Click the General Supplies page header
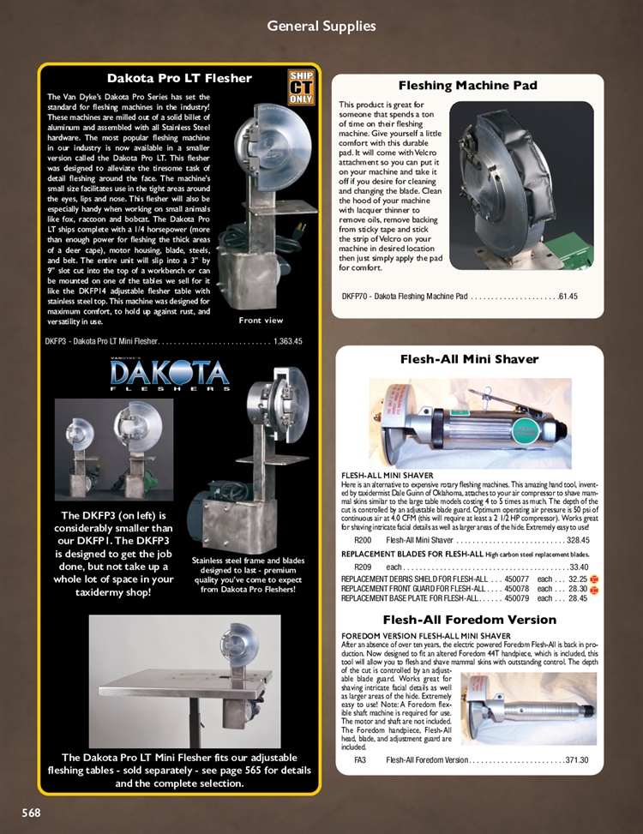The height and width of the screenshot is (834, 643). tap(321, 26)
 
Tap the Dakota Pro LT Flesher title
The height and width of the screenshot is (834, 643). tap(179, 78)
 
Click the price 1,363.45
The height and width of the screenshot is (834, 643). tap(287, 341)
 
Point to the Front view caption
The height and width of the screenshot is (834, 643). tap(261, 320)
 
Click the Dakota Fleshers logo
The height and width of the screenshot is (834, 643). tap(170, 375)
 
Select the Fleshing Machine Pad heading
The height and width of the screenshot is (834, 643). tap(468, 86)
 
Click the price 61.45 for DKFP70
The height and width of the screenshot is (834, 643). tap(568, 297)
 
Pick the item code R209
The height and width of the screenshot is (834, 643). tap(363, 567)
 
